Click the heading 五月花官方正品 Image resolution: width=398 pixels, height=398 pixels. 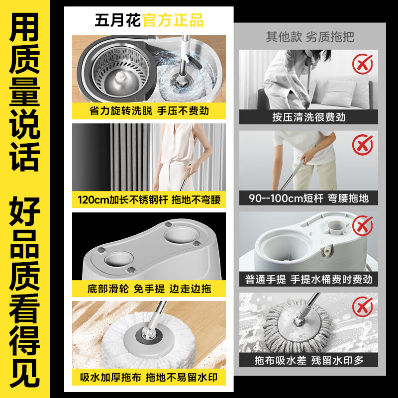[x=149, y=20]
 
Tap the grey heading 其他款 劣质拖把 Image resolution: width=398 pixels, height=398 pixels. [x=310, y=37]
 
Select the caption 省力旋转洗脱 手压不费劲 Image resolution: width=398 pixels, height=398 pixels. [x=149, y=111]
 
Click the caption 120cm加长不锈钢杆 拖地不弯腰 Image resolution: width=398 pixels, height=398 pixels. [x=149, y=200]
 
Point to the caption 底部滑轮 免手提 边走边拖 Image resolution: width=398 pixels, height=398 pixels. [x=149, y=289]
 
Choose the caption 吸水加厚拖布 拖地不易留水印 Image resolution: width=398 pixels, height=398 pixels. [x=149, y=378]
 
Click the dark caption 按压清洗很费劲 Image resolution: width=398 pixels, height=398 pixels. [x=308, y=117]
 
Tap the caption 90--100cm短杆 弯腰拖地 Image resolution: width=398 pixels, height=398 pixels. [x=308, y=198]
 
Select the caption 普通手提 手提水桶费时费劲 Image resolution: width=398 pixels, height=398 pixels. [x=308, y=279]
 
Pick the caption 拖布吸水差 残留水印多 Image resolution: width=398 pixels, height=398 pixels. [x=308, y=360]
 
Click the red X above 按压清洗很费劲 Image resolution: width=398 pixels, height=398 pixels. [x=363, y=64]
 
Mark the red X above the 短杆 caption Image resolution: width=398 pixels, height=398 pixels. [x=363, y=145]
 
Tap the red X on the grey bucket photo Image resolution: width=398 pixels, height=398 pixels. [x=363, y=226]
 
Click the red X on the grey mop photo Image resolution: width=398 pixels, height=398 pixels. [x=363, y=307]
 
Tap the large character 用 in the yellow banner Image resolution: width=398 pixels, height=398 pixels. [x=24, y=27]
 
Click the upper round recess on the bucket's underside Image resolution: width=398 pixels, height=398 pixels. [x=181, y=235]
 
